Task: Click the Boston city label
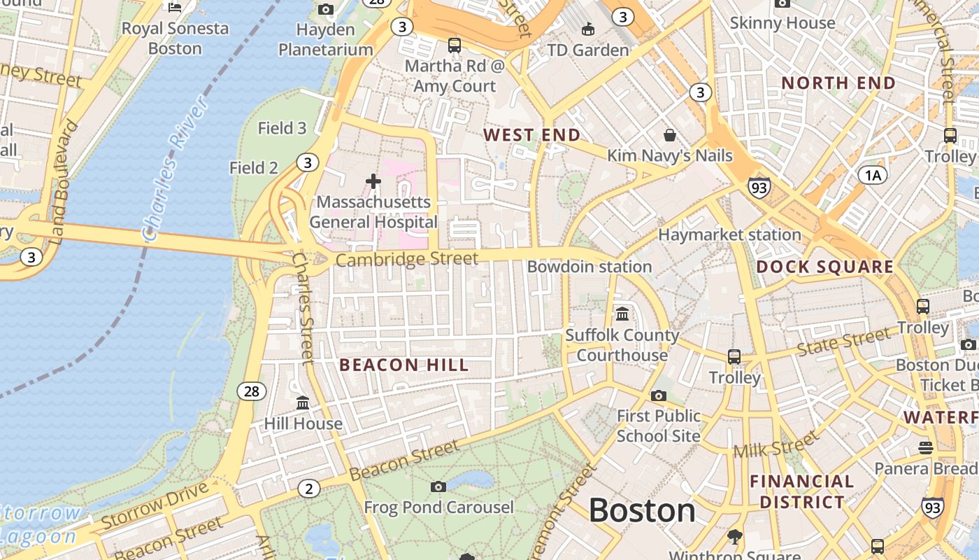pyautogui.click(x=642, y=510)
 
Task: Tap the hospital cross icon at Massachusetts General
pyautogui.click(x=373, y=181)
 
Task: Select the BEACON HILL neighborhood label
pyautogui.click(x=403, y=365)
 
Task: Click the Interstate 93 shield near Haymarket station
pyautogui.click(x=759, y=187)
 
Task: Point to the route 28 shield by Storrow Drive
pyautogui.click(x=251, y=391)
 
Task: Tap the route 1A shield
pyautogui.click(x=872, y=175)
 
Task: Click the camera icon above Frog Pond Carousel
pyautogui.click(x=438, y=486)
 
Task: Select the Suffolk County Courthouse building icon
pyautogui.click(x=622, y=314)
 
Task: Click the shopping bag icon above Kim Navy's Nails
pyautogui.click(x=670, y=134)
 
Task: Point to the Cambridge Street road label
pyautogui.click(x=407, y=260)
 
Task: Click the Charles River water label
pyautogui.click(x=175, y=168)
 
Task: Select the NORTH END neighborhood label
pyautogui.click(x=838, y=83)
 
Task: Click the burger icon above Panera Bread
pyautogui.click(x=926, y=447)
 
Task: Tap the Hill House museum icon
pyautogui.click(x=303, y=403)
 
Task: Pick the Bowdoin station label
pyautogui.click(x=589, y=267)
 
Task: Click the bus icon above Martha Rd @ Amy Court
pyautogui.click(x=455, y=45)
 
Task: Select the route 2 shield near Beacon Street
pyautogui.click(x=308, y=489)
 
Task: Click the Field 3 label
pyautogui.click(x=282, y=128)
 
